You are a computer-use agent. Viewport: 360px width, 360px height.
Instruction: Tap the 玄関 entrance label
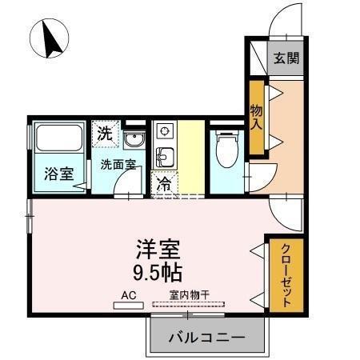(x=285, y=58)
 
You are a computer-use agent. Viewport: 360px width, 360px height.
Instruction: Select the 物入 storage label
(x=257, y=117)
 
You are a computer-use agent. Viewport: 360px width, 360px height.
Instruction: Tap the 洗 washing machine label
(x=105, y=133)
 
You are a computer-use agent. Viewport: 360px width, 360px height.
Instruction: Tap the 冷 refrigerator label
(x=164, y=182)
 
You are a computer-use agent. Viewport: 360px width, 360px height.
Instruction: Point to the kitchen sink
(x=164, y=155)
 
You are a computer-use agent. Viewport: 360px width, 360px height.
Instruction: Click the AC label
(x=129, y=294)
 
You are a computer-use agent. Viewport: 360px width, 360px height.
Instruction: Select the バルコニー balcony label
(x=206, y=338)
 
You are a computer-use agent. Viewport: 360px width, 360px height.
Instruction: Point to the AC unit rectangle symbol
(x=128, y=305)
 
